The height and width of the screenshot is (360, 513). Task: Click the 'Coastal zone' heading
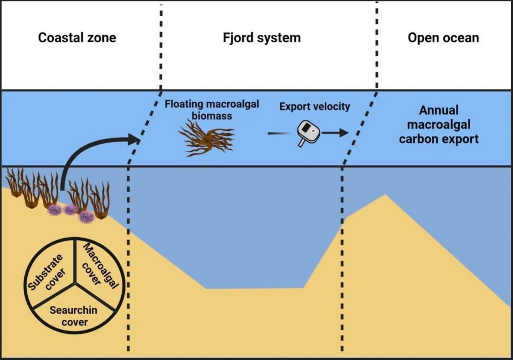tap(77, 38)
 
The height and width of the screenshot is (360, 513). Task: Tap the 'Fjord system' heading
tap(261, 38)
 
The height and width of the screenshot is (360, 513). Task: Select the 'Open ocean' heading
tap(443, 38)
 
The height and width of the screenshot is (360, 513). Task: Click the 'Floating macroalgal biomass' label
tap(212, 110)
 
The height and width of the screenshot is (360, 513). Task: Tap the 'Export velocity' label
tap(315, 107)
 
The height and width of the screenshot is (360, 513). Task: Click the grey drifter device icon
tap(308, 132)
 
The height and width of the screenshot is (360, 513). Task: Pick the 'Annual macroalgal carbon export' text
tap(439, 125)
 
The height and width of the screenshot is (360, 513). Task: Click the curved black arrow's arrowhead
tap(134, 139)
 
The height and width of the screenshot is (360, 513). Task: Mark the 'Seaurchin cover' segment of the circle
tap(74, 315)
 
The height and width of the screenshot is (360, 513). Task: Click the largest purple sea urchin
tap(86, 216)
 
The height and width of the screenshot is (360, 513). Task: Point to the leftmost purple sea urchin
tap(55, 210)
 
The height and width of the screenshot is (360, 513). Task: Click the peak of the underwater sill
tap(385, 195)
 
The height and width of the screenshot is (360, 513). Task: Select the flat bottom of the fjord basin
tap(255, 289)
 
